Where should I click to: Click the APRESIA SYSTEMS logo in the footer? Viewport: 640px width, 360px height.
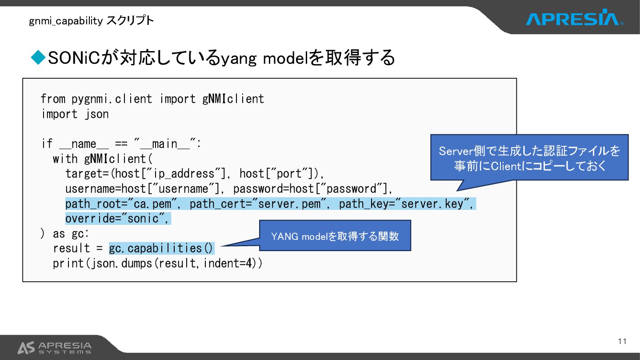point(54,348)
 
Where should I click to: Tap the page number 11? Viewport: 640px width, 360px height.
point(622,341)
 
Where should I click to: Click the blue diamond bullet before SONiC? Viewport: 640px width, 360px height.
point(38,57)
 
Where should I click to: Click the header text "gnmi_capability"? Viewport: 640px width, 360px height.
point(66,20)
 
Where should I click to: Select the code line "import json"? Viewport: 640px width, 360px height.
point(75,114)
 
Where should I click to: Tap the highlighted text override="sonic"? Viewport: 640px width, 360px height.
point(118,219)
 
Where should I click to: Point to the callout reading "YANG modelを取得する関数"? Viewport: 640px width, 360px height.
point(335,236)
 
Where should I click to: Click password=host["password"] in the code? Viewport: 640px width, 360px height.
point(312,189)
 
